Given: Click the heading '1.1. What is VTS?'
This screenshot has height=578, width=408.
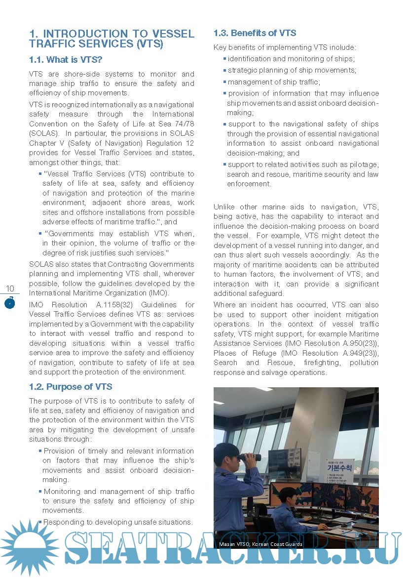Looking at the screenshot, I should [x=66, y=60].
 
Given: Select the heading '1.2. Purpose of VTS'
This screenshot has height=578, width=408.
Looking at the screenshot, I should [x=71, y=387].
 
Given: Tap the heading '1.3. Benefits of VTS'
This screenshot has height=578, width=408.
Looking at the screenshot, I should [x=255, y=33].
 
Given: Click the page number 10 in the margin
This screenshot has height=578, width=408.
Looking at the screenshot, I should [x=10, y=289].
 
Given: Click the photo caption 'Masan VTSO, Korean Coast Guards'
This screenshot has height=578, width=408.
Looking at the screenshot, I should [x=260, y=544].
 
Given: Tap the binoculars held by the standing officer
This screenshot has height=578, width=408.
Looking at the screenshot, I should [x=252, y=457].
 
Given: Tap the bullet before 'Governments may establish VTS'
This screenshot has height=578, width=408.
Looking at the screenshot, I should [x=40, y=234].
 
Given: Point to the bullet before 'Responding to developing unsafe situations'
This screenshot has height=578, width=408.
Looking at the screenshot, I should [x=40, y=522].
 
